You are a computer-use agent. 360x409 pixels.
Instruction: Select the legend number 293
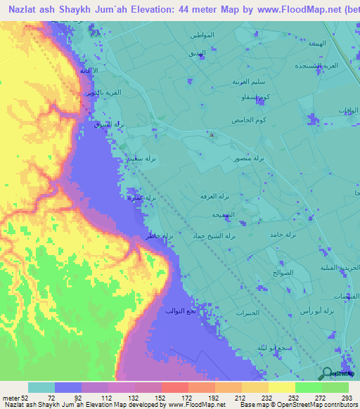pyautogui.click(x=347, y=397)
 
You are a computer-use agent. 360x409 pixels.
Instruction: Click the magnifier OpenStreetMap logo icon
pyautogui.click(x=326, y=374)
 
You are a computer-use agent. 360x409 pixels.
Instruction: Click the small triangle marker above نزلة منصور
pyautogui.click(x=212, y=135)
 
